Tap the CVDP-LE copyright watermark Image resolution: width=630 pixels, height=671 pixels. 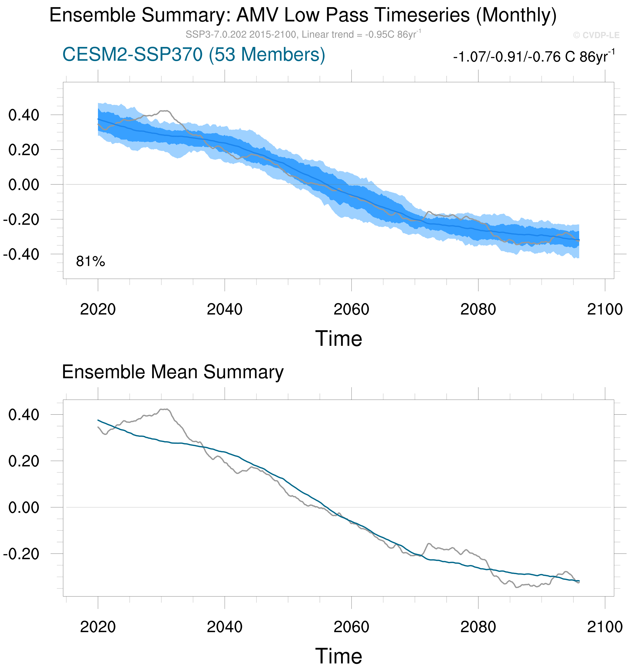pos(596,35)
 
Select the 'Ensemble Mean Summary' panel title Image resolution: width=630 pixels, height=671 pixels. pos(173,372)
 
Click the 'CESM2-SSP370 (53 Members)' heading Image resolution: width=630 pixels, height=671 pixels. pos(194,54)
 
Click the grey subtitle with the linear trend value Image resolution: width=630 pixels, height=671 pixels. pos(303,34)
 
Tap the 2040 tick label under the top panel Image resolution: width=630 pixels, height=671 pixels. pos(224,309)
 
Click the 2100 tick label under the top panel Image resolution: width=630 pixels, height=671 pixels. pos(605,309)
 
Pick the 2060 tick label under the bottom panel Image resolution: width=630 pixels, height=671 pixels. pos(351,627)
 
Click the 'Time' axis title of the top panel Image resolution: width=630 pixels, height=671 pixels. pos(339,339)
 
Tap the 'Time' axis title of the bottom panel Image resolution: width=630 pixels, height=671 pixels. pos(339,656)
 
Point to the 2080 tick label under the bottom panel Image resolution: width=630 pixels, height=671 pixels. pos(478,627)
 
